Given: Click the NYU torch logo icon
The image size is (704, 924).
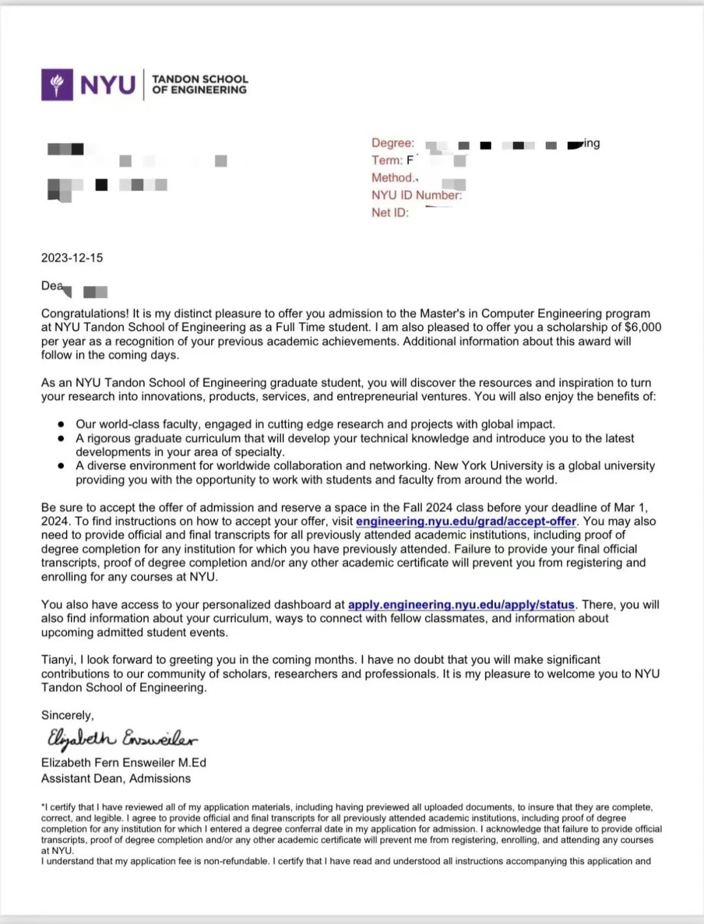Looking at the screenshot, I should [57, 85].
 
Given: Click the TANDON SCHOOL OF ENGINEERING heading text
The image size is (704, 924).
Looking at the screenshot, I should [199, 85].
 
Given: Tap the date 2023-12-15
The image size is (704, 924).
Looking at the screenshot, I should [72, 258].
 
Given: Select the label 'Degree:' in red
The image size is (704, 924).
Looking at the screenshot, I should [392, 143].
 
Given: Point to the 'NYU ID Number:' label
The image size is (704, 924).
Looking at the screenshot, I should [416, 195].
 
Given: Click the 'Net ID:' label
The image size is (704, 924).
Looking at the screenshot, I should [390, 213].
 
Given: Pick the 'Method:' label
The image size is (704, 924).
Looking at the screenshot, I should [393, 178].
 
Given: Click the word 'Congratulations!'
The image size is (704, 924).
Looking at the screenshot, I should [85, 313].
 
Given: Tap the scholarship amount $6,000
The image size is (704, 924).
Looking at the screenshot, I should [643, 327].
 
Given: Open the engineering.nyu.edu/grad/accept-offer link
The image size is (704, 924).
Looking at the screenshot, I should [465, 521].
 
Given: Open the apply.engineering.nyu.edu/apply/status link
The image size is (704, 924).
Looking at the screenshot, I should [461, 605].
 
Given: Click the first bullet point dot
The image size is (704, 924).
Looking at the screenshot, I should [61, 424].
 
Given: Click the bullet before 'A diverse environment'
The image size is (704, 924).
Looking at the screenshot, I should [61, 466].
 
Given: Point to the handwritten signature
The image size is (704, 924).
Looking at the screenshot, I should [121, 739].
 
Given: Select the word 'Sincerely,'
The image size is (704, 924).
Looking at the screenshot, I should [67, 715].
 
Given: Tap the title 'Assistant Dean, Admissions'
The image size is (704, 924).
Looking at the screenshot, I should [116, 779].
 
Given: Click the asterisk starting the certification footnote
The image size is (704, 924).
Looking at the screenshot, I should [43, 807].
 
